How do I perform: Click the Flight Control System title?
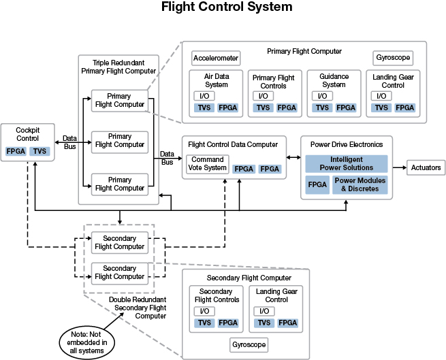(x=223, y=8)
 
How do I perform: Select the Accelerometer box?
(x=215, y=58)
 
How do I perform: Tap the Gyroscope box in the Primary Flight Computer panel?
(x=394, y=58)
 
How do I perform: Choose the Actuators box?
(x=426, y=167)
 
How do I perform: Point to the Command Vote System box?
(x=206, y=164)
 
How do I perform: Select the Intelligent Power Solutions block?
(x=346, y=163)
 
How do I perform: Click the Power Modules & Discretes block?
(x=360, y=184)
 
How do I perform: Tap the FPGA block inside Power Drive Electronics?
(x=317, y=184)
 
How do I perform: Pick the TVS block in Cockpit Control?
(x=41, y=151)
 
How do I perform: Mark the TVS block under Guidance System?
(x=322, y=108)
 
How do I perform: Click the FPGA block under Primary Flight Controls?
(x=287, y=108)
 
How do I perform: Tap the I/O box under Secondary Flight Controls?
(x=202, y=311)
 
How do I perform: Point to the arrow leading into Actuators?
(x=398, y=167)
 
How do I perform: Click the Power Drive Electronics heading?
(x=347, y=144)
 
